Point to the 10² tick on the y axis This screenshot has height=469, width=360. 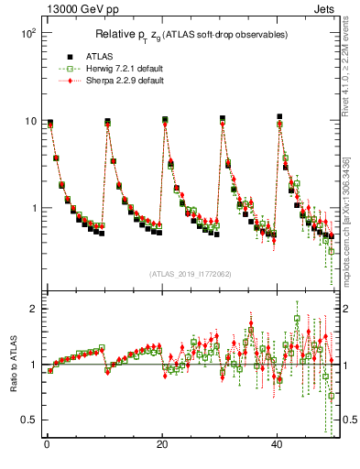click(27, 33)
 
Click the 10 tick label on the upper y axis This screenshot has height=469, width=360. click(29, 121)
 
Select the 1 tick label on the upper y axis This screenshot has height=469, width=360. click(32, 208)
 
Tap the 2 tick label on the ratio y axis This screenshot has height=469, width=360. click(32, 309)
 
